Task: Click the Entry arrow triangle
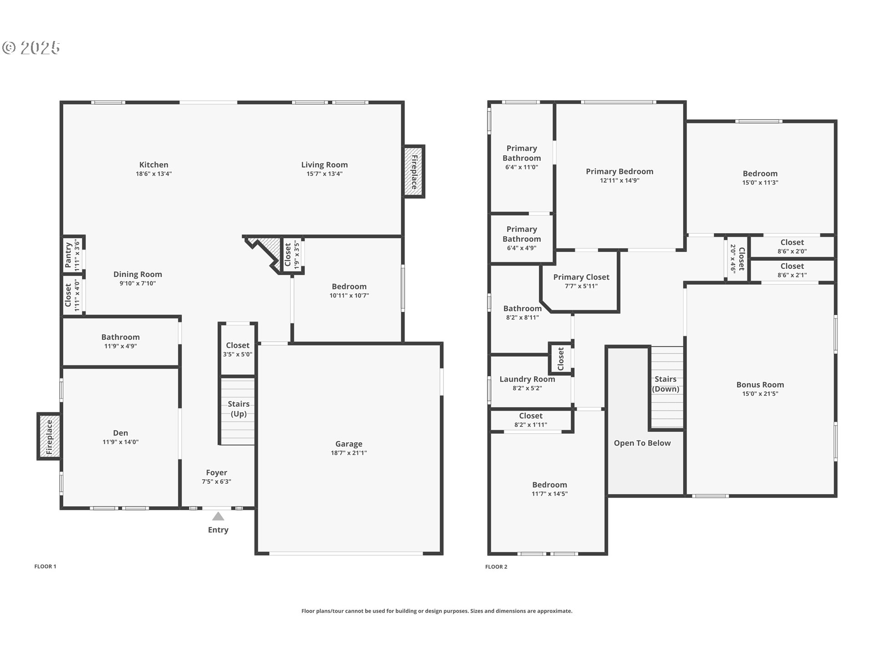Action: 218,516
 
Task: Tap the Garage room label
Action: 349,444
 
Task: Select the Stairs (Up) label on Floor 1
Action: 239,409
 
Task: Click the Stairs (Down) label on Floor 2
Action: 666,384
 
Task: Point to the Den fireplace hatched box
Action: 49,436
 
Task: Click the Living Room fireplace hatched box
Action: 414,172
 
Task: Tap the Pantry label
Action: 68,255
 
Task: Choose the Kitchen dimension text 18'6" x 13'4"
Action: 154,174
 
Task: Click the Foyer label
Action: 216,472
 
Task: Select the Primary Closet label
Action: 581,277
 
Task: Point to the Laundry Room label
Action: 527,379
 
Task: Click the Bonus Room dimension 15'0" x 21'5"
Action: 760,394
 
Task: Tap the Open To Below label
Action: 642,443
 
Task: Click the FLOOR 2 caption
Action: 496,567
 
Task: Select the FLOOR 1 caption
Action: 45,566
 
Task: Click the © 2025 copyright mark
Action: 31,47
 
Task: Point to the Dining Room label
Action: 137,274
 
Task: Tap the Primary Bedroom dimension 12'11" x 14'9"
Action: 620,180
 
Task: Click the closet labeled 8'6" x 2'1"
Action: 792,271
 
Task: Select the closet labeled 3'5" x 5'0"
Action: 238,349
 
